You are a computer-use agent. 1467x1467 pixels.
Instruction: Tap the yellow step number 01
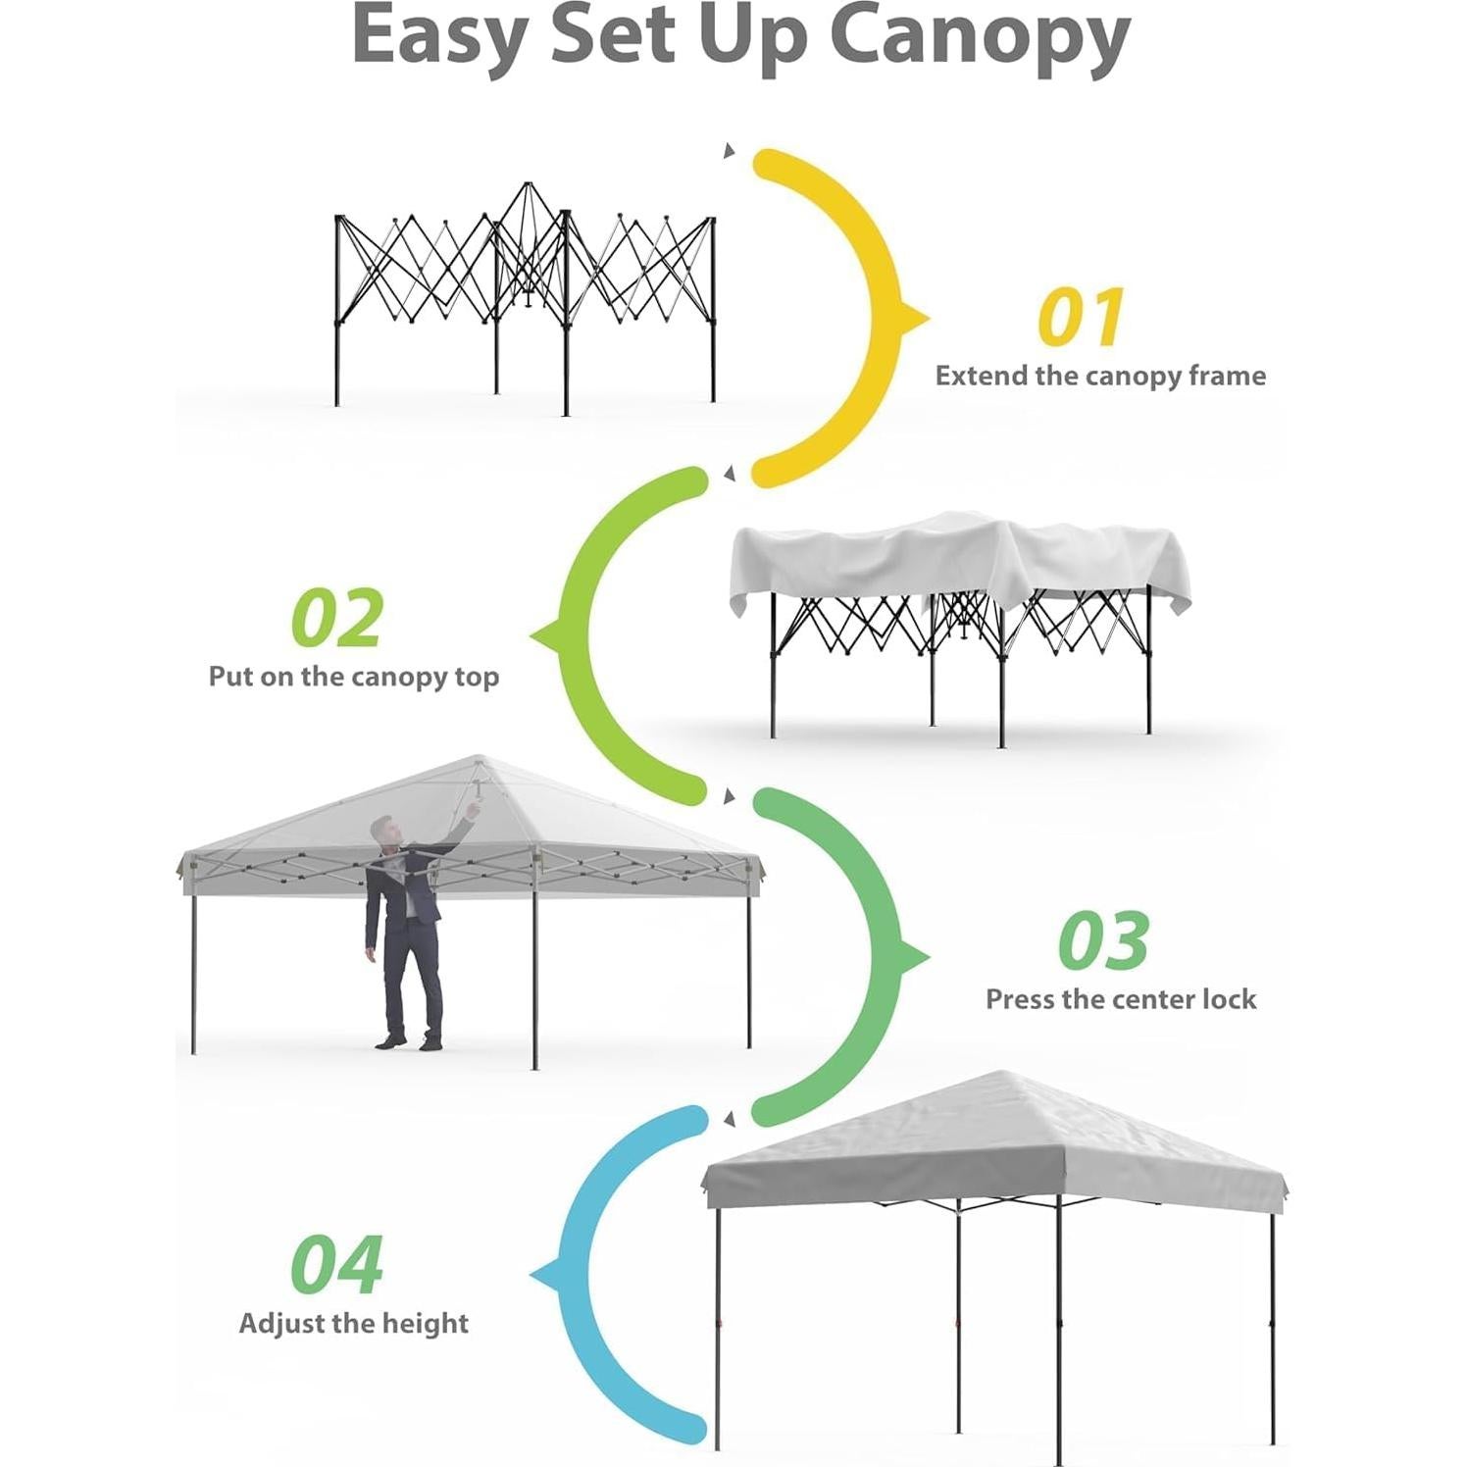click(x=1080, y=318)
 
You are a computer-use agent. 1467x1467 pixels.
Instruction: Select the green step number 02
click(x=337, y=619)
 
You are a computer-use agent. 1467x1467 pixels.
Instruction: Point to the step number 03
click(x=1103, y=940)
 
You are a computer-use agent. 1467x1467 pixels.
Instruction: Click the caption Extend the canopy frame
click(x=1099, y=377)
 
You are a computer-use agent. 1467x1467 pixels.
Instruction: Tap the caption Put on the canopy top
click(x=353, y=677)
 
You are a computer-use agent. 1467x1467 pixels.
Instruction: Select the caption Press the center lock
click(x=1120, y=999)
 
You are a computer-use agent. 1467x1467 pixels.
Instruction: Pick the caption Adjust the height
click(x=353, y=1324)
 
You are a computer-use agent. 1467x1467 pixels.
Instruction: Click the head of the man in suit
click(x=385, y=832)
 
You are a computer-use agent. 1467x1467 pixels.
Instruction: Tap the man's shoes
click(x=410, y=1041)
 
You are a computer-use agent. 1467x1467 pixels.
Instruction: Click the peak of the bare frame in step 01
click(x=528, y=185)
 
